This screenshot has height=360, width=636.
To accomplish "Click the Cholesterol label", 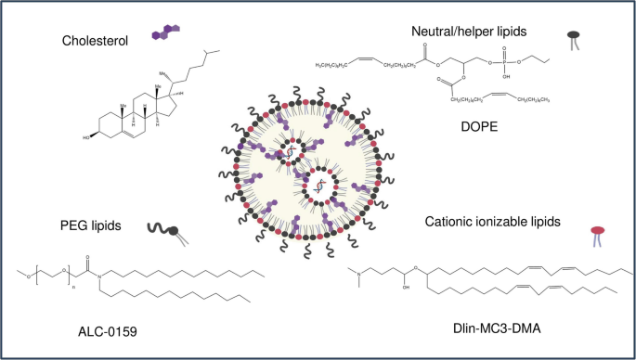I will coord(93,41).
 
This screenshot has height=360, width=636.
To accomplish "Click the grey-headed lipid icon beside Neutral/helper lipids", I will coord(575,39).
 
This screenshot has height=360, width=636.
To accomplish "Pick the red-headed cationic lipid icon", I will coord(591,232).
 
